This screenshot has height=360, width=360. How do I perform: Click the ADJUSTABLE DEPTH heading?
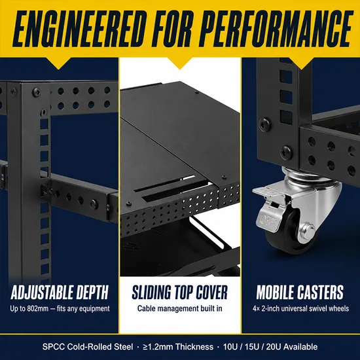tap(60, 293)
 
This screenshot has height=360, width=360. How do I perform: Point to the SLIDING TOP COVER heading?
tap(180, 293)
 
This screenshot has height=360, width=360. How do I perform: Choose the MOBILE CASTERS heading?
tap(300, 293)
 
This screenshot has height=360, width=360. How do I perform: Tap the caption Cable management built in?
tap(180, 308)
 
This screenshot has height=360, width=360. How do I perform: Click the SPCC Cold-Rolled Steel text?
tap(88, 346)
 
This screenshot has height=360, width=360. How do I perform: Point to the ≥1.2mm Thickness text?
tap(178, 346)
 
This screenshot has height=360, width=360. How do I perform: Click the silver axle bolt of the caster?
tap(307, 232)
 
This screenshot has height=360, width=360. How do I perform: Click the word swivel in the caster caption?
tap(318, 308)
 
